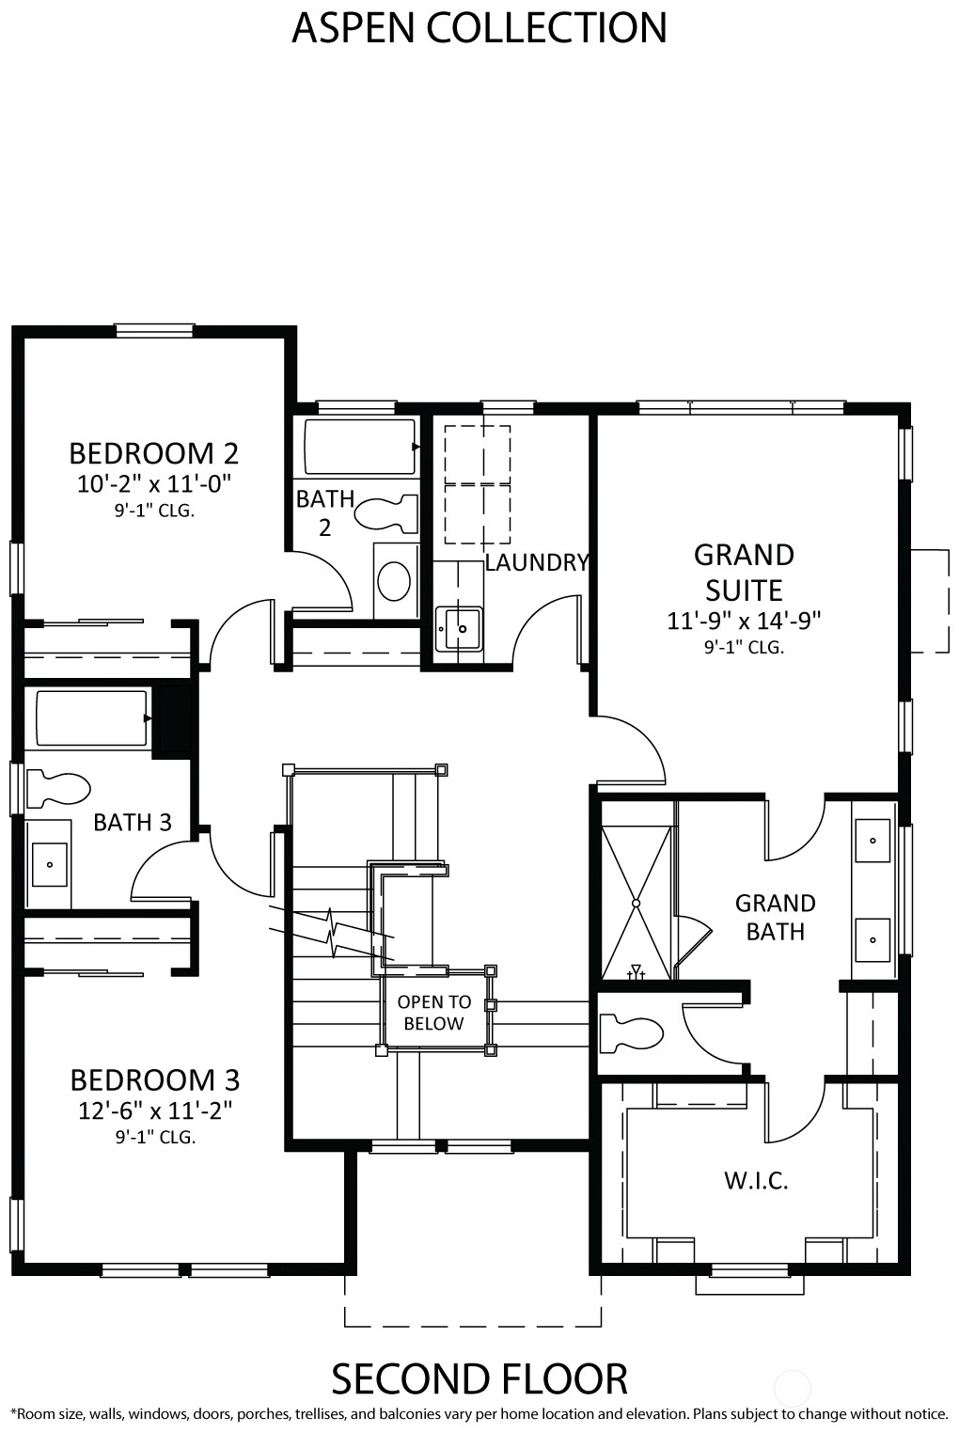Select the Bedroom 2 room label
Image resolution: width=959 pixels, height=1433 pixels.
tap(153, 453)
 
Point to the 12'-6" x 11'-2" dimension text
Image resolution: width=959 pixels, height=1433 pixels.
tap(155, 1110)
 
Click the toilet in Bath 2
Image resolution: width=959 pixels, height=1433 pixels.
tap(386, 514)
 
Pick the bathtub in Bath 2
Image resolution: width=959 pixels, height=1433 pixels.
tap(359, 447)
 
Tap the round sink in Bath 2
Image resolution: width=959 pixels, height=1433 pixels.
tap(394, 580)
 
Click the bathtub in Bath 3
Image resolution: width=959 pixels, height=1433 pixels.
tap(91, 717)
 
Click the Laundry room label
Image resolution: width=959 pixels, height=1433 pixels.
tap(536, 562)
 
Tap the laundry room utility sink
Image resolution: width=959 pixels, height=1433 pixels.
tap(459, 628)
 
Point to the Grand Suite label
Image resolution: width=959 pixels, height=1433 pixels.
tap(744, 573)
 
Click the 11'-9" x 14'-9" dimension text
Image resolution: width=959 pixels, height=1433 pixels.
tap(744, 621)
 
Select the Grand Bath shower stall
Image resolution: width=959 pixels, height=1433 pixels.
tap(636, 903)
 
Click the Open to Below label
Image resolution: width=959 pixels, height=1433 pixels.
tap(433, 1013)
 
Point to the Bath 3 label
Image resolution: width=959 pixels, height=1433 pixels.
tap(133, 823)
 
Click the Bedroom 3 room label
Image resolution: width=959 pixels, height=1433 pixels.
tap(155, 1080)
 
